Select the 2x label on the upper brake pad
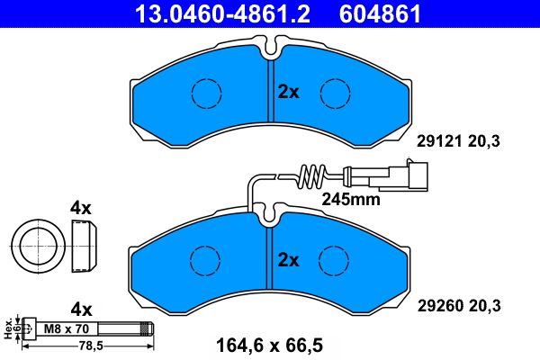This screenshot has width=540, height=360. pyautogui.click(x=288, y=92)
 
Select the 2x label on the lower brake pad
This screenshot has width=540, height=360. pyautogui.click(x=288, y=260)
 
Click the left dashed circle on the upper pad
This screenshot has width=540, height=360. pyautogui.click(x=206, y=92)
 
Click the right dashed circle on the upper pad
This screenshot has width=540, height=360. pyautogui.click(x=335, y=92)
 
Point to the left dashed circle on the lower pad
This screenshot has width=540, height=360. pyautogui.click(x=206, y=261)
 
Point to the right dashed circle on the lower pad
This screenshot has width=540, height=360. pyautogui.click(x=335, y=261)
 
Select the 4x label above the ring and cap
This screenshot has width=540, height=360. pyautogui.click(x=81, y=208)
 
